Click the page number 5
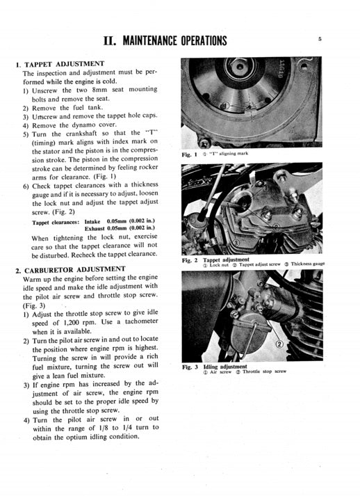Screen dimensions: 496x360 [x=319, y=40]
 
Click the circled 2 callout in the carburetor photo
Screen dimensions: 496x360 [x=280, y=344]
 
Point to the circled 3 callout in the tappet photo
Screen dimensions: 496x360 [x=236, y=241]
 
